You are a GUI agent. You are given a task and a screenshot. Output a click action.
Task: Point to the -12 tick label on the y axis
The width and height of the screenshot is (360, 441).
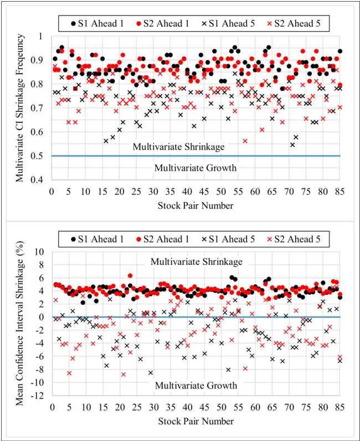(42, 396)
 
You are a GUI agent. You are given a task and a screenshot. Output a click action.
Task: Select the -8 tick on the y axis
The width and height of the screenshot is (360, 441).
(44, 370)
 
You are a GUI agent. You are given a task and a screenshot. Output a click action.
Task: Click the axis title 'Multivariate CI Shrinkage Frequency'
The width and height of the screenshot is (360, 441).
(20, 108)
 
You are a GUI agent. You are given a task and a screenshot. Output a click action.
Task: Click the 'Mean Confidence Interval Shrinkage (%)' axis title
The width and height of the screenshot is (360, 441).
(20, 324)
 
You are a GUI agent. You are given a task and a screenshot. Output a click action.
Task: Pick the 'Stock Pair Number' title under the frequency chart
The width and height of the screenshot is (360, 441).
(196, 206)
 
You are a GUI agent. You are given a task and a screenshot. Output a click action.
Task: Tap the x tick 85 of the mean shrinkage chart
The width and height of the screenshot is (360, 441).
(340, 407)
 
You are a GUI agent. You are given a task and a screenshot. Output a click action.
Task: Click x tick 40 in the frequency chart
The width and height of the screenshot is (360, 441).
(187, 192)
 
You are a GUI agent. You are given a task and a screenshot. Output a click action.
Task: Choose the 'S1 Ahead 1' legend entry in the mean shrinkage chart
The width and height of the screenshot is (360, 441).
(97, 239)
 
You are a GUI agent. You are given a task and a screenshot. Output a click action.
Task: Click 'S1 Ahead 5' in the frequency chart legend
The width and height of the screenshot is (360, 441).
(228, 24)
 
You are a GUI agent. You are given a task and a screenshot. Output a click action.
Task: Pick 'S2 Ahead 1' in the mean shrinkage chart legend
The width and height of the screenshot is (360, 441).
(163, 239)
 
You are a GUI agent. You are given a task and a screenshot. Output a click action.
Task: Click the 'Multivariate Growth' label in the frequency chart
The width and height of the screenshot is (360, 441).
(196, 168)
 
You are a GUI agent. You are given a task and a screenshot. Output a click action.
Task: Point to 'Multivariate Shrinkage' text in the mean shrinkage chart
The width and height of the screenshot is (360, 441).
(196, 261)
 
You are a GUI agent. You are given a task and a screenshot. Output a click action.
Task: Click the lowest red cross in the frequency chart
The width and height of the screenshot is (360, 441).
(245, 141)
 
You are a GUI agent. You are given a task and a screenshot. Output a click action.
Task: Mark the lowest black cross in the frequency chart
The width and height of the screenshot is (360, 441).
(292, 145)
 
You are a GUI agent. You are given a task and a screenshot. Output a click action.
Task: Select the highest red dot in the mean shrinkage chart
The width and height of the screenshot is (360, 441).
(130, 276)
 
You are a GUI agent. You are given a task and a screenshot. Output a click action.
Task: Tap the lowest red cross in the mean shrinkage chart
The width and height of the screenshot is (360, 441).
(123, 375)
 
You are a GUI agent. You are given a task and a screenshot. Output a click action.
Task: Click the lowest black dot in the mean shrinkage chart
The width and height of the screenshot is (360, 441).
(83, 302)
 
